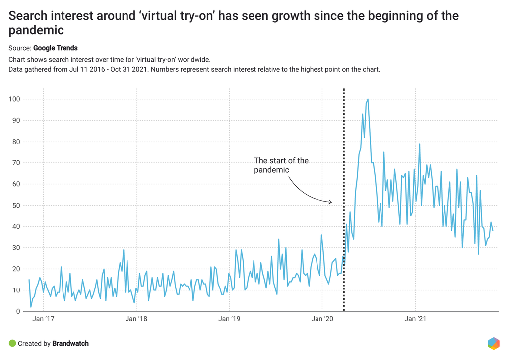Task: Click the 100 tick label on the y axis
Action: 14,99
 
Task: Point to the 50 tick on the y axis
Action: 15,206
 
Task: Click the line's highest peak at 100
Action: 368,99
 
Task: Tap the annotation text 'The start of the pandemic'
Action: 281,165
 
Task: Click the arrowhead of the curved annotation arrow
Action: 330,202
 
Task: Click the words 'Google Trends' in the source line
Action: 56,48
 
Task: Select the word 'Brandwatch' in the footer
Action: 70,343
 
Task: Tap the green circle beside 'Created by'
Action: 12,343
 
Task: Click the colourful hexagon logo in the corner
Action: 493,343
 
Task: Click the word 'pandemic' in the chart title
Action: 36,30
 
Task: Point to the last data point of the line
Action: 493,230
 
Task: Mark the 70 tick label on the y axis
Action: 15,163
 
